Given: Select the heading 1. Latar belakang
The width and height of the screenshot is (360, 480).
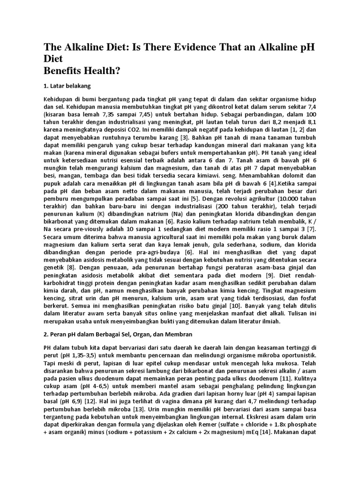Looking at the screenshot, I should point(67,86).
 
